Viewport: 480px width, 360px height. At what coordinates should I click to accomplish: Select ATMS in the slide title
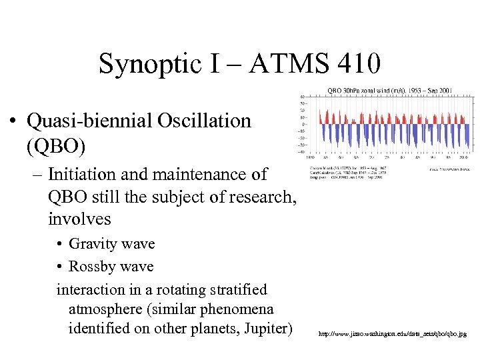pyautogui.click(x=284, y=64)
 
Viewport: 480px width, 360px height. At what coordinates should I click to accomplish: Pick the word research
pyautogui.click(x=256, y=197)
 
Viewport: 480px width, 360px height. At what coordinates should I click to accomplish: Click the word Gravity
pyautogui.click(x=95, y=244)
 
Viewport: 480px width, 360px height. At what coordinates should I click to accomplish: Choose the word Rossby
pyautogui.click(x=93, y=267)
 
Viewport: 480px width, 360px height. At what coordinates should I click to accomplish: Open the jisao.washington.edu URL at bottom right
pyautogui.click(x=392, y=333)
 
